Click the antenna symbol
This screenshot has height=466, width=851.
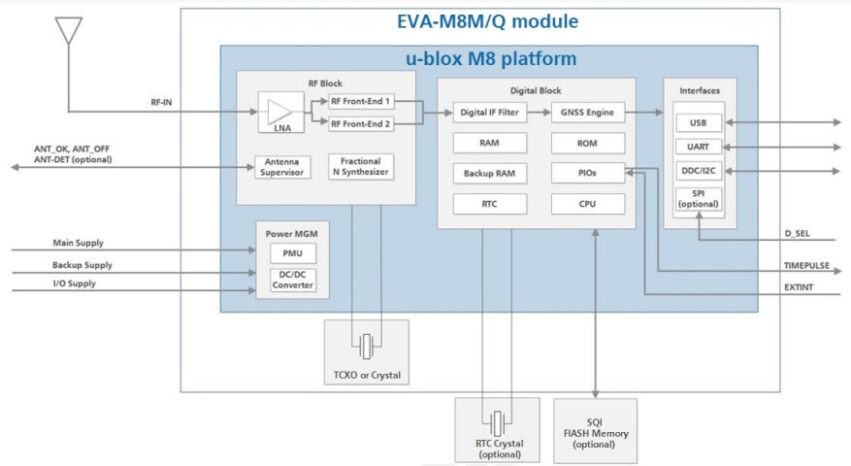68,30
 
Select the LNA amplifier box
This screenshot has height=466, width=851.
279,113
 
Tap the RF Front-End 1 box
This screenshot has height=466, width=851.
361,101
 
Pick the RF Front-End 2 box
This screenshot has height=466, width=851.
361,123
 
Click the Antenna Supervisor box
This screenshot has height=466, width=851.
281,167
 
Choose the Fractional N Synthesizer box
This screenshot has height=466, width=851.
360,167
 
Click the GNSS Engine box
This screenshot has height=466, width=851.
587,113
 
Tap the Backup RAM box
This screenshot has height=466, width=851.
490,173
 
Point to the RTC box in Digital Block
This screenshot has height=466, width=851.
490,204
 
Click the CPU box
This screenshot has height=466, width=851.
587,204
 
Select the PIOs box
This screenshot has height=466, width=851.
587,173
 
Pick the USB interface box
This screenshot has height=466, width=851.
699,123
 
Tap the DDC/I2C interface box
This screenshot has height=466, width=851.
699,171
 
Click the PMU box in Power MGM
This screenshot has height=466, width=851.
292,254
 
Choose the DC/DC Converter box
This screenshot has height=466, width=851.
292,281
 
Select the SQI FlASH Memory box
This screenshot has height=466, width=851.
595,429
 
